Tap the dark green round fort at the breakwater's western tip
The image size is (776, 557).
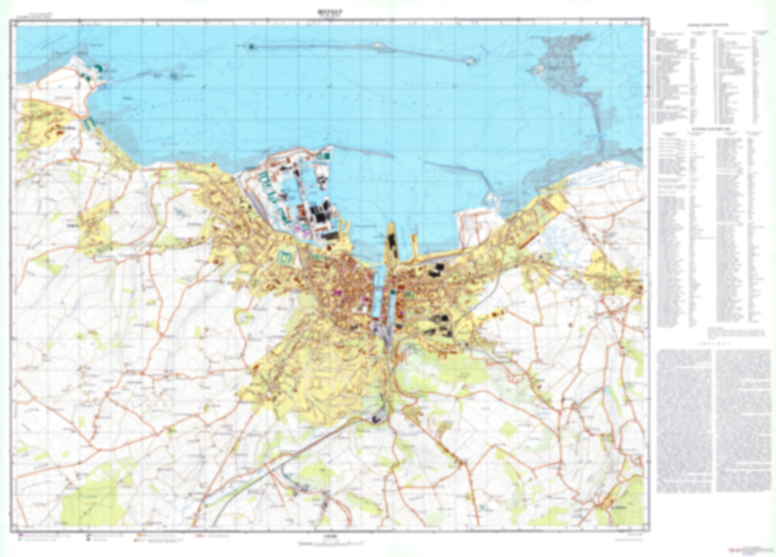251,47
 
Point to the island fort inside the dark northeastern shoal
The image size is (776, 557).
538,69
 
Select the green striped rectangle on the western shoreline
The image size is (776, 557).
90,123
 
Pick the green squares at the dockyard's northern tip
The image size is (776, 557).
324,156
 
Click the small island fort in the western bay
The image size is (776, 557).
175,75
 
